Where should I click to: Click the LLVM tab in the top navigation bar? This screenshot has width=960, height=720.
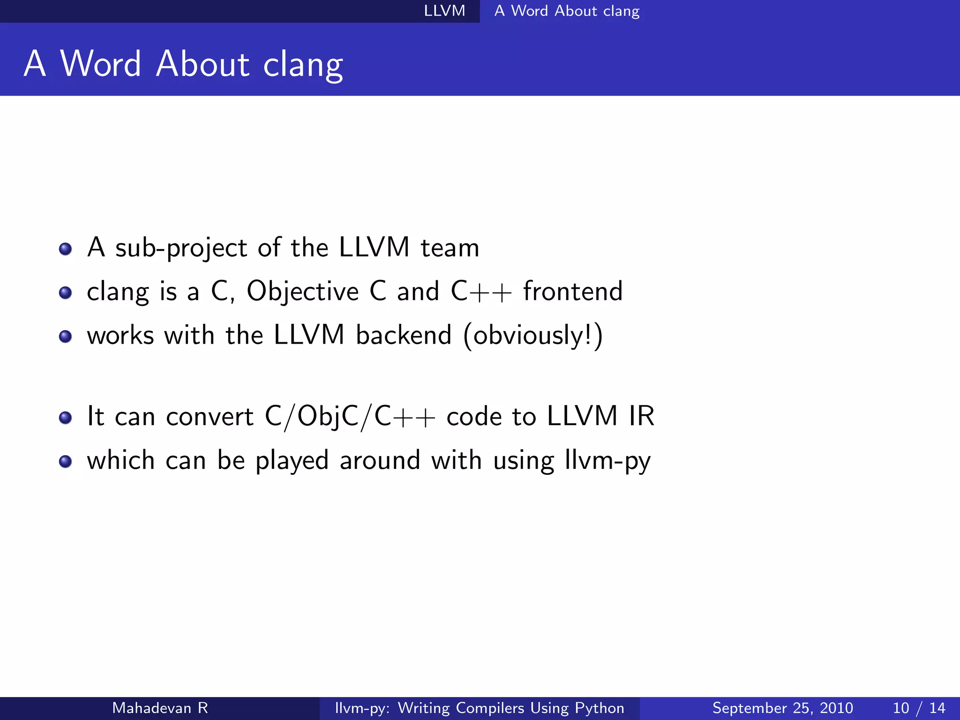coord(444,11)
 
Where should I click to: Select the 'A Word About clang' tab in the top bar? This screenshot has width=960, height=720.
coord(567,11)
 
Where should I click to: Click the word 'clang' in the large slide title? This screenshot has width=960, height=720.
coord(303,65)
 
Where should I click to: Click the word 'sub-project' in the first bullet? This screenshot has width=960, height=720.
coord(181,248)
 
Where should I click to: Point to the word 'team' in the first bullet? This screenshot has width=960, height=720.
coord(450,248)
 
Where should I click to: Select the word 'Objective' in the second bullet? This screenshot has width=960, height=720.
coord(302,292)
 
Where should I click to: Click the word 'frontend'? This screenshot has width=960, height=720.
coord(573,291)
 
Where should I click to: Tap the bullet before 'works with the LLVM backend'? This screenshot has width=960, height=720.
coord(66,336)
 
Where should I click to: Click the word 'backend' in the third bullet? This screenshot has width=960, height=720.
coord(404,335)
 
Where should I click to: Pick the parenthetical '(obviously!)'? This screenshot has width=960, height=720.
coord(533,336)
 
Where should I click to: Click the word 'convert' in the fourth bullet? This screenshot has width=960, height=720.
coord(210,416)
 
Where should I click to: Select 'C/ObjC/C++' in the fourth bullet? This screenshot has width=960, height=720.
coord(350,416)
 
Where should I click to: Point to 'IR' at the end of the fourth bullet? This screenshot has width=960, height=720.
coord(641,416)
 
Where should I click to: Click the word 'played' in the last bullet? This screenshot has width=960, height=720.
coord(292,460)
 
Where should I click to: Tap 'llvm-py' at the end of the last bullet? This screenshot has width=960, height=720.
coord(607,460)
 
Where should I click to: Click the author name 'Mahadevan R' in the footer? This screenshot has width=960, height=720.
coord(160,708)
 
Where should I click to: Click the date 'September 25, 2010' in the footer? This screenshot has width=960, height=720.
coord(782,708)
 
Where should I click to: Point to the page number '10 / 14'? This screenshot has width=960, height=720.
coord(919,708)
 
